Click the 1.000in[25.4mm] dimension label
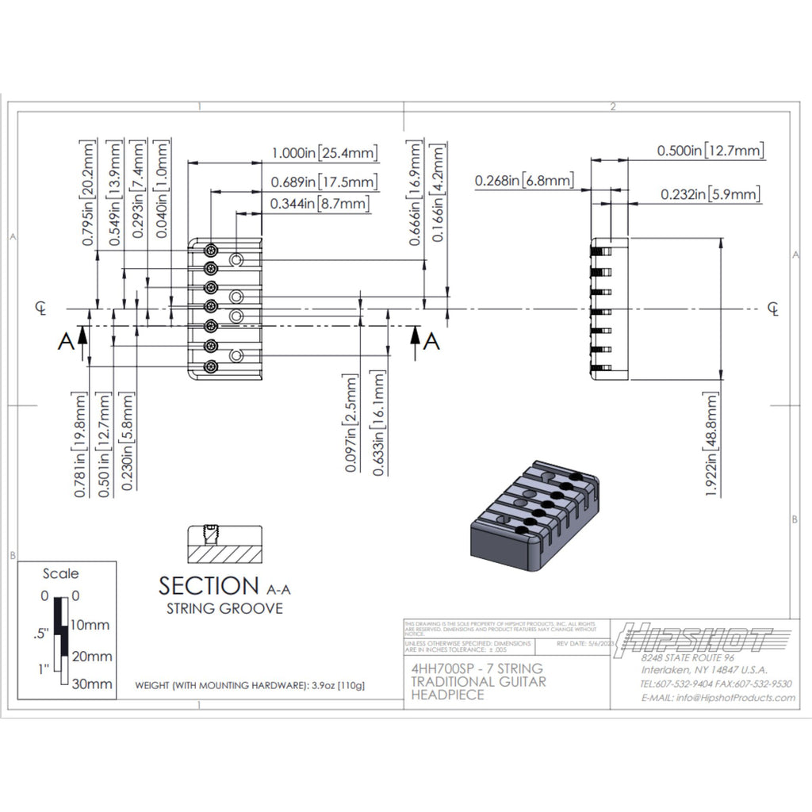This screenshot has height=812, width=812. pyautogui.click(x=324, y=153)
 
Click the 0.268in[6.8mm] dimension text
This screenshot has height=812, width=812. pyautogui.click(x=525, y=181)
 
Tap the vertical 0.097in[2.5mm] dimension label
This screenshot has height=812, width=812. pyautogui.click(x=353, y=425)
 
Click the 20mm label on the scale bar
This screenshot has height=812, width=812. pyautogui.click(x=93, y=656)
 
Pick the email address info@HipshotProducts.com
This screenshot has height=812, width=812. pyautogui.click(x=718, y=698)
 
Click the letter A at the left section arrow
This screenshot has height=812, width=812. pyautogui.click(x=67, y=342)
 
